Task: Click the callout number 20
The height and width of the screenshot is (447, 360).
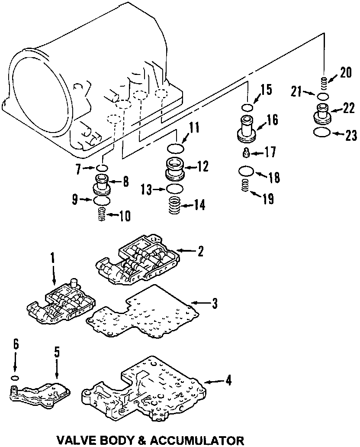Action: tap(345, 73)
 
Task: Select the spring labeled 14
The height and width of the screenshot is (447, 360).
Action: tap(174, 205)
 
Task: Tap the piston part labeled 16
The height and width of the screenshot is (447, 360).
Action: tap(247, 128)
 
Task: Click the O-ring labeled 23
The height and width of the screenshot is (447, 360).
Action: tap(322, 132)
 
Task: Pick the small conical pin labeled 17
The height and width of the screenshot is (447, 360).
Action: tap(246, 153)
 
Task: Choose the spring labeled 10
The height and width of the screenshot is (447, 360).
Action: tap(101, 214)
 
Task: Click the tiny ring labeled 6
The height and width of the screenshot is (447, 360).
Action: tap(15, 378)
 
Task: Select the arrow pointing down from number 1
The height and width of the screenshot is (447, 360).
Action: tap(54, 273)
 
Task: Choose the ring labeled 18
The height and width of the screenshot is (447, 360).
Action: tap(246, 172)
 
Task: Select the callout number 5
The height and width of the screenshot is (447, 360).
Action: tap(57, 352)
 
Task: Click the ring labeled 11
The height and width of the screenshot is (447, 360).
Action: tap(175, 148)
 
